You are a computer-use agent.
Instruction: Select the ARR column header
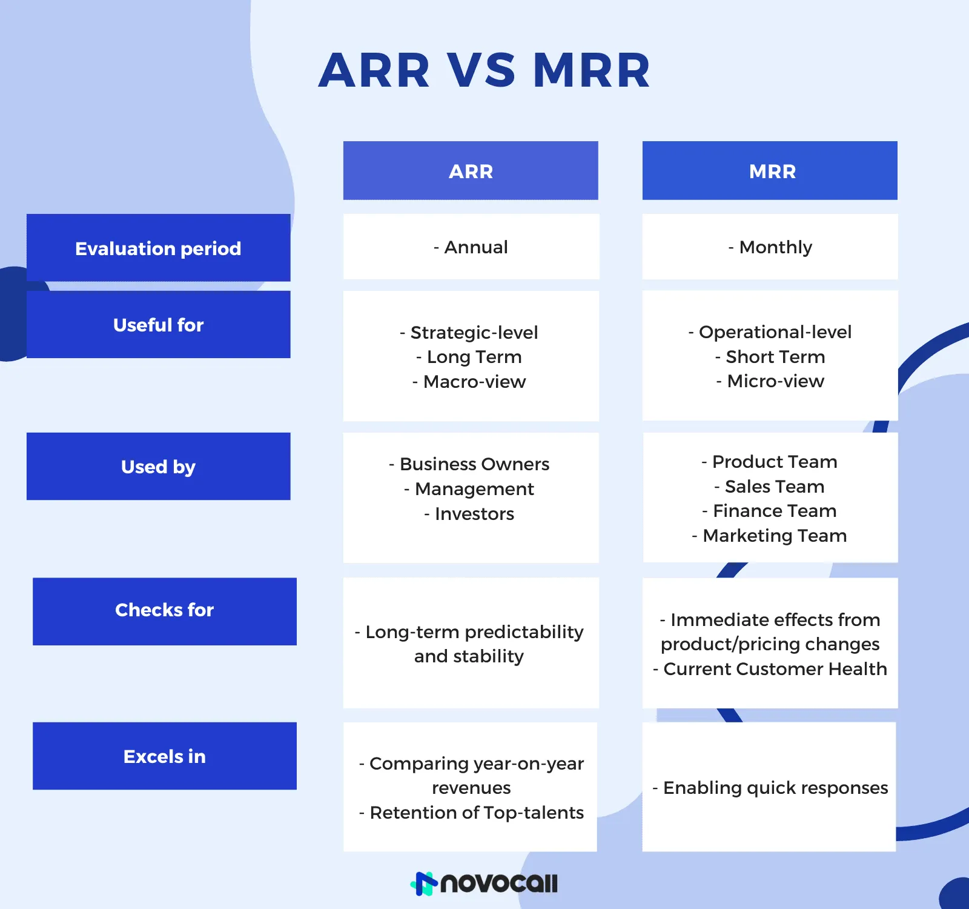click(x=471, y=170)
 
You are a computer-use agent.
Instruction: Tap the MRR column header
click(x=770, y=170)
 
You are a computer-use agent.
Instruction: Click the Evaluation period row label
click(x=159, y=247)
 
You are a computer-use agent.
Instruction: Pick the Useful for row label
click(x=159, y=324)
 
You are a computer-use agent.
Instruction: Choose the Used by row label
click(x=159, y=466)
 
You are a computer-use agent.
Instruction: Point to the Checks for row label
click(x=165, y=611)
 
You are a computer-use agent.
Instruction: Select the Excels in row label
click(x=165, y=756)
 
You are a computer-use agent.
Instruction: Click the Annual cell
click(x=471, y=247)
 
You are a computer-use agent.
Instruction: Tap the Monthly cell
click(x=770, y=247)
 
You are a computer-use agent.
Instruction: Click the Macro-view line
click(x=469, y=382)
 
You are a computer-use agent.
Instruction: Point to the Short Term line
click(x=770, y=357)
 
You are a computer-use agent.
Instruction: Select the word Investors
click(x=474, y=514)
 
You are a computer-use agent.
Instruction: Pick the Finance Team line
click(x=769, y=511)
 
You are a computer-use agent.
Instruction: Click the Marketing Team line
click(x=769, y=536)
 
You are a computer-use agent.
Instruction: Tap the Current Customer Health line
click(x=770, y=669)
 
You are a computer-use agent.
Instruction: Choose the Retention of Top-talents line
click(x=471, y=813)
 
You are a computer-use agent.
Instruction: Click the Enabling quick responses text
click(x=770, y=788)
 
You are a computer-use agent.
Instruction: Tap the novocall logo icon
click(x=424, y=883)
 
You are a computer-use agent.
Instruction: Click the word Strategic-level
click(x=474, y=333)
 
